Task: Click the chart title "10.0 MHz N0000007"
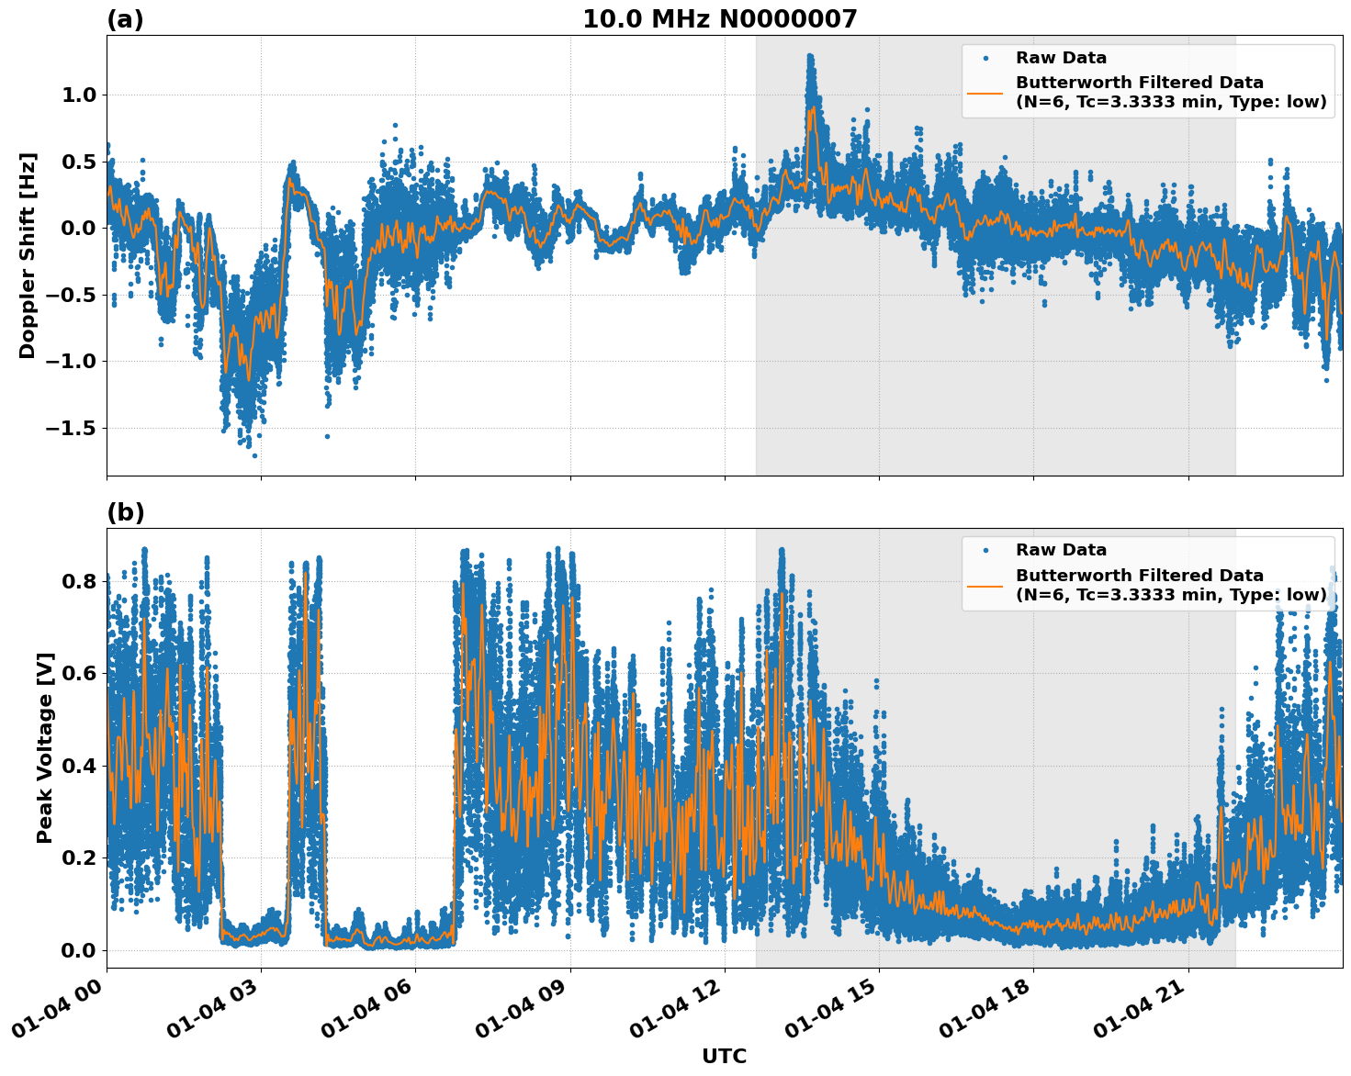tap(719, 19)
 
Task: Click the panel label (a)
tap(125, 19)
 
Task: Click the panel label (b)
tap(126, 512)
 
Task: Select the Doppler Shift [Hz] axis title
tap(28, 255)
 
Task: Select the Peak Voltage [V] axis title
tap(45, 747)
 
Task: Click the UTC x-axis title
tap(724, 1056)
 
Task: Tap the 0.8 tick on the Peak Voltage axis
tap(79, 582)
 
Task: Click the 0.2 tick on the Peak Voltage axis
tap(79, 858)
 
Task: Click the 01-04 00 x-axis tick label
tap(58, 1012)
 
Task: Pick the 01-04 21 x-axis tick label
tap(1140, 1012)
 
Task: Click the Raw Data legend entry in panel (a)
tap(1061, 58)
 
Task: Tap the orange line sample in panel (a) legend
tap(985, 93)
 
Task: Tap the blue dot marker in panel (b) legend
tap(985, 550)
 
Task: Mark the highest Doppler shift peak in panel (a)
tap(809, 57)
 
